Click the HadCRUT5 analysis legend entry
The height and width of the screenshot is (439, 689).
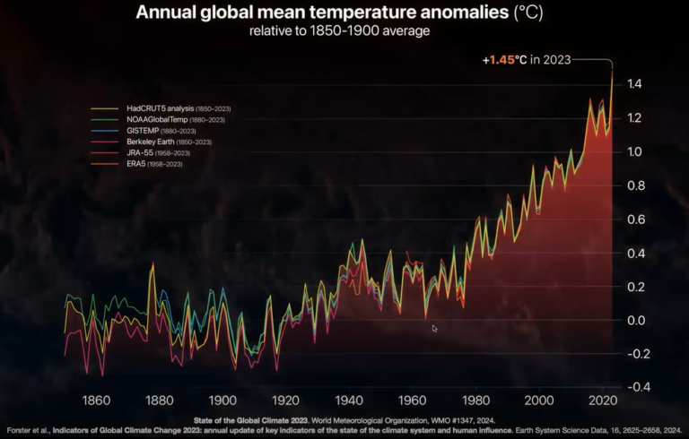(157, 108)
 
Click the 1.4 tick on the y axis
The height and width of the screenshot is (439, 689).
(635, 84)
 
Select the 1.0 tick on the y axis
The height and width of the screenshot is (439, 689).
(635, 151)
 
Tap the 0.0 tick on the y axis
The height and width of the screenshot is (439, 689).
(635, 320)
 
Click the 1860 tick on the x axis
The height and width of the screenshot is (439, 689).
(96, 400)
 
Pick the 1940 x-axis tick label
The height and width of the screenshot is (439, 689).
(349, 400)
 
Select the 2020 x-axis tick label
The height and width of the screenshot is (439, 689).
(601, 400)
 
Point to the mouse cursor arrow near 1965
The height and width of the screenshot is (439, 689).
(434, 328)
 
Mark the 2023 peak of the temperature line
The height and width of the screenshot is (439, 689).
(612, 71)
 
